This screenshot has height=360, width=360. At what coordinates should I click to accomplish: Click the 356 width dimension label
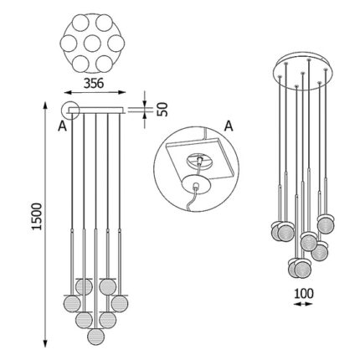(94, 83)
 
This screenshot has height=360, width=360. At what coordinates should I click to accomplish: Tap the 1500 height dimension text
(37, 217)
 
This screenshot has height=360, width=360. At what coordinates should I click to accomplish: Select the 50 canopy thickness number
(162, 110)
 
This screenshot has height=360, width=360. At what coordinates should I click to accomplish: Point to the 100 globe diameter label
(304, 293)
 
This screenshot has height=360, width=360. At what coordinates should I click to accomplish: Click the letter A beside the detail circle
(229, 126)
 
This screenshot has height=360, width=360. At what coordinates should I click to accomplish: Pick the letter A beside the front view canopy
(62, 126)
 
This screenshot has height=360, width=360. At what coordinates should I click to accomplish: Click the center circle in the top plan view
(92, 44)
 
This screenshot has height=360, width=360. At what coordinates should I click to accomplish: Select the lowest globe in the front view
(95, 337)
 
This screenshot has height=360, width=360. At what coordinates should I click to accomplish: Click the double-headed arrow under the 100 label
(303, 304)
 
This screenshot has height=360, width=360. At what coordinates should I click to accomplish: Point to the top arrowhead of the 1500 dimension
(46, 105)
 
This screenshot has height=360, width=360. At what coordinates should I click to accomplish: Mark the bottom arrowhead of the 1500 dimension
(46, 343)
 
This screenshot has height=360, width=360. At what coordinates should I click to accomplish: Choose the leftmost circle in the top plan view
(69, 44)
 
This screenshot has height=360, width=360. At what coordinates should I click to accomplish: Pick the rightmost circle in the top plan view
(116, 44)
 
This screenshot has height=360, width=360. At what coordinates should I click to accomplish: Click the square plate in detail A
(200, 159)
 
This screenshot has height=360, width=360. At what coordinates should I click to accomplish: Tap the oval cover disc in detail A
(195, 183)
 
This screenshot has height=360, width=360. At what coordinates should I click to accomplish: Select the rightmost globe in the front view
(120, 304)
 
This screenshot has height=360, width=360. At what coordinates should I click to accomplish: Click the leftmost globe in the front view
(72, 304)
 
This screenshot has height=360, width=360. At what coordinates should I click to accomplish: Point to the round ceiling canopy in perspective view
(303, 71)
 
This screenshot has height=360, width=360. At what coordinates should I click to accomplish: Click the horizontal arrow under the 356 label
(95, 92)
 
